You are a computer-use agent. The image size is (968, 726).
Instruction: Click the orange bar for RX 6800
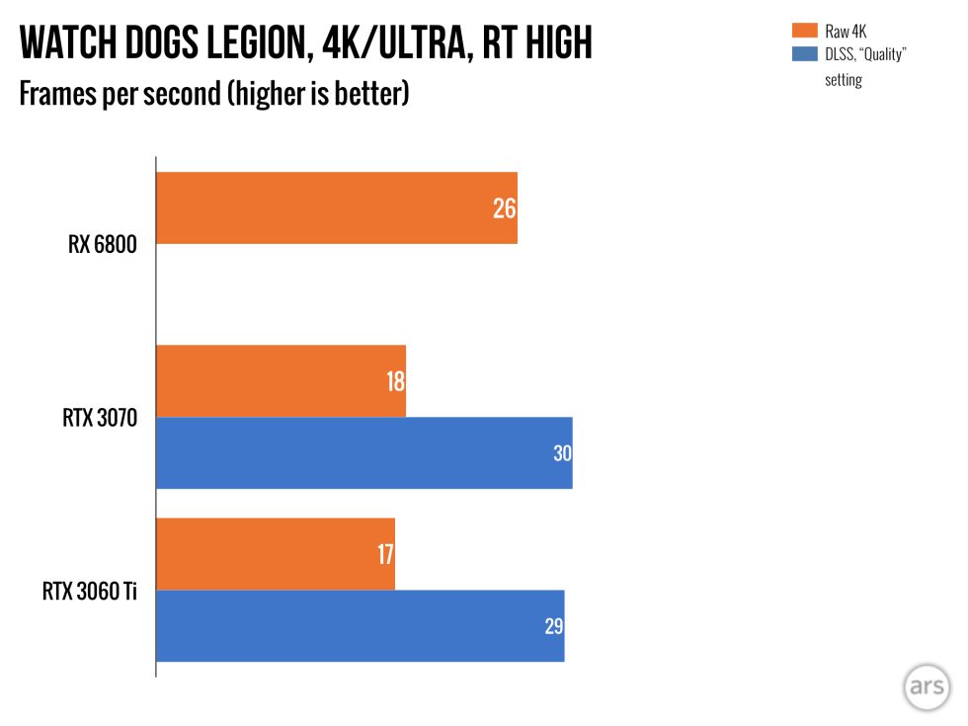pyautogui.click(x=336, y=208)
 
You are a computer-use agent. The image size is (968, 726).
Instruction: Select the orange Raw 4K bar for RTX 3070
pyautogui.click(x=281, y=381)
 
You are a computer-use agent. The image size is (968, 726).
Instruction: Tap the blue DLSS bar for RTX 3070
pyautogui.click(x=363, y=452)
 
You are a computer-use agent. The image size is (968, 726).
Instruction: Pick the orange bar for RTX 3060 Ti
pyautogui.click(x=275, y=554)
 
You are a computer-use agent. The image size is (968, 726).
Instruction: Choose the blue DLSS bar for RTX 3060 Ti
pyautogui.click(x=360, y=626)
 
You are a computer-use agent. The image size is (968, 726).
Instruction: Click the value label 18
pyautogui.click(x=395, y=381)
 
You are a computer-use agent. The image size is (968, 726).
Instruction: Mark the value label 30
pyautogui.click(x=561, y=453)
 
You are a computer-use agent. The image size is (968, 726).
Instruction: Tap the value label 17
pyautogui.click(x=384, y=554)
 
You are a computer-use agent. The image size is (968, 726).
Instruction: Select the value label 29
pyautogui.click(x=553, y=626)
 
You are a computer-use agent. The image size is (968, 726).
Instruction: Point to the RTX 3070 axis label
pyautogui.click(x=99, y=418)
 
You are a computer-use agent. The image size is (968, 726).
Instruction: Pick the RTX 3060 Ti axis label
pyautogui.click(x=89, y=592)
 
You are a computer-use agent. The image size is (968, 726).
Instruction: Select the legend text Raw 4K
pyautogui.click(x=846, y=32)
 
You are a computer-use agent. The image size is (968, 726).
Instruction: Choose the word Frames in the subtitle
pyautogui.click(x=55, y=96)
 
